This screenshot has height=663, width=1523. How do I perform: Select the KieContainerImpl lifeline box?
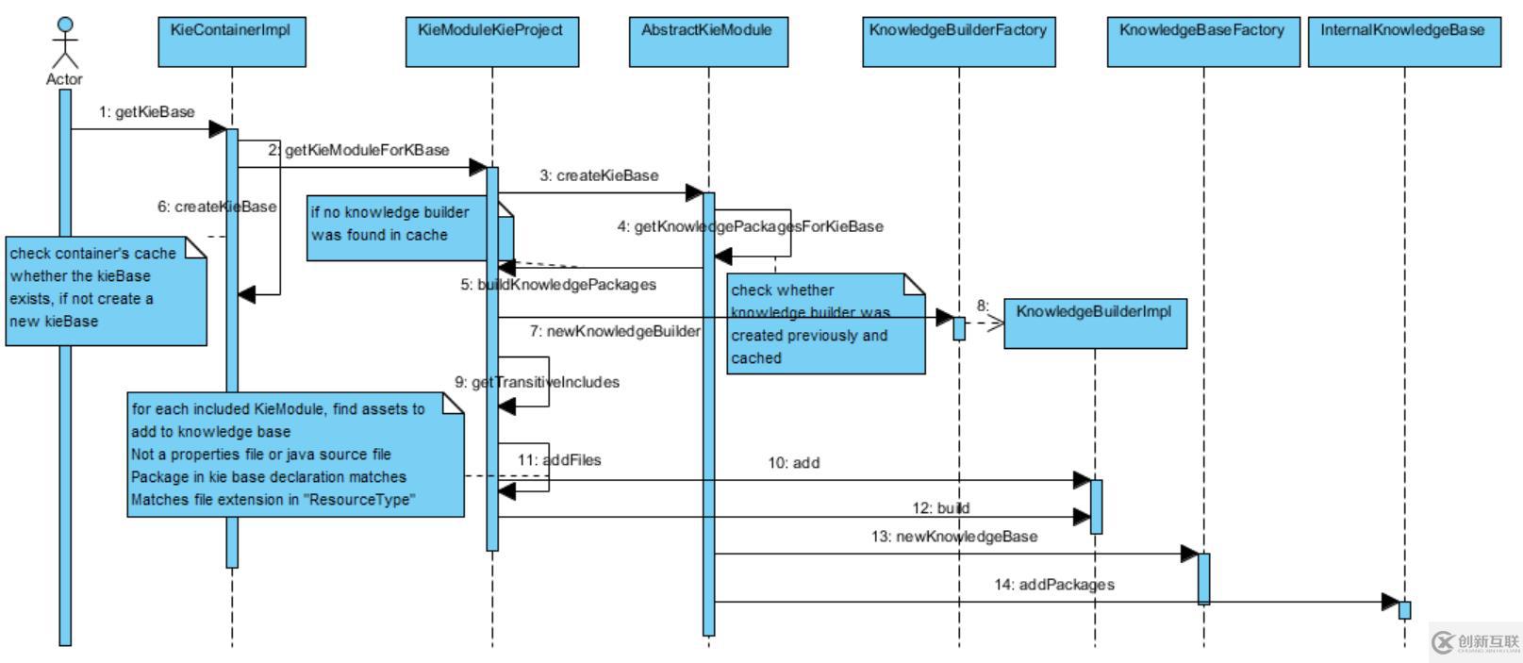pyautogui.click(x=231, y=42)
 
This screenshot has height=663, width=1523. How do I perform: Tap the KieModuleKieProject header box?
pyautogui.click(x=491, y=42)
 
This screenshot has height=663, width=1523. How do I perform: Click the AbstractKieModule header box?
pyautogui.click(x=708, y=42)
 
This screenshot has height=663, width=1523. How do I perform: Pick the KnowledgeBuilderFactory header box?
pyautogui.click(x=958, y=42)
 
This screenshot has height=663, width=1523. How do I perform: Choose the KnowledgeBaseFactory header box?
pyautogui.click(x=1202, y=42)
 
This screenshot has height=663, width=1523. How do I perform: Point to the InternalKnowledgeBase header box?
pyautogui.click(x=1403, y=42)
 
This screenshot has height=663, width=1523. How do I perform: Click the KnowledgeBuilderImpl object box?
pyautogui.click(x=1094, y=323)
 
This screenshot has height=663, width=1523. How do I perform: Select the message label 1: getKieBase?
pyautogui.click(x=146, y=112)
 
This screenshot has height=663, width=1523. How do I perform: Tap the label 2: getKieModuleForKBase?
pyautogui.click(x=358, y=150)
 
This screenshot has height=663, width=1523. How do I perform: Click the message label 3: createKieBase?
pyautogui.click(x=599, y=175)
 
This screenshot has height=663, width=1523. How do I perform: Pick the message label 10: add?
pyautogui.click(x=793, y=463)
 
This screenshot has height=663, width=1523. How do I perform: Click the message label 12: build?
pyautogui.click(x=940, y=508)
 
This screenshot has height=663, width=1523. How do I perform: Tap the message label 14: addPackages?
pyautogui.click(x=1053, y=585)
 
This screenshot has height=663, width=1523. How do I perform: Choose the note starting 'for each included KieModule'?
pyautogui.click(x=295, y=456)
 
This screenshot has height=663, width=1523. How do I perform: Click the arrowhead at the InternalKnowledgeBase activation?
pyautogui.click(x=1390, y=602)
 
